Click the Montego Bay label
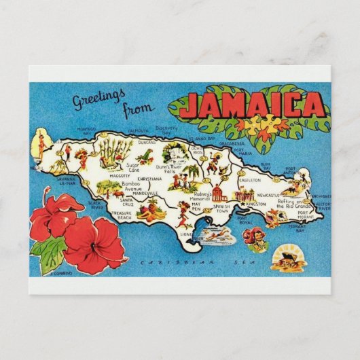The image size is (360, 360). pyautogui.click(x=87, y=130)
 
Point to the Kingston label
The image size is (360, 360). pyautogui.click(x=257, y=204)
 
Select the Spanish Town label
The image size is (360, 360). pyautogui.click(x=221, y=209)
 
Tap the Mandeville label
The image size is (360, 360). pyautogui.click(x=145, y=193)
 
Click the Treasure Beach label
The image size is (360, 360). pyautogui.click(x=122, y=216)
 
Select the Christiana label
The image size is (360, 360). pyautogui.click(x=149, y=179)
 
